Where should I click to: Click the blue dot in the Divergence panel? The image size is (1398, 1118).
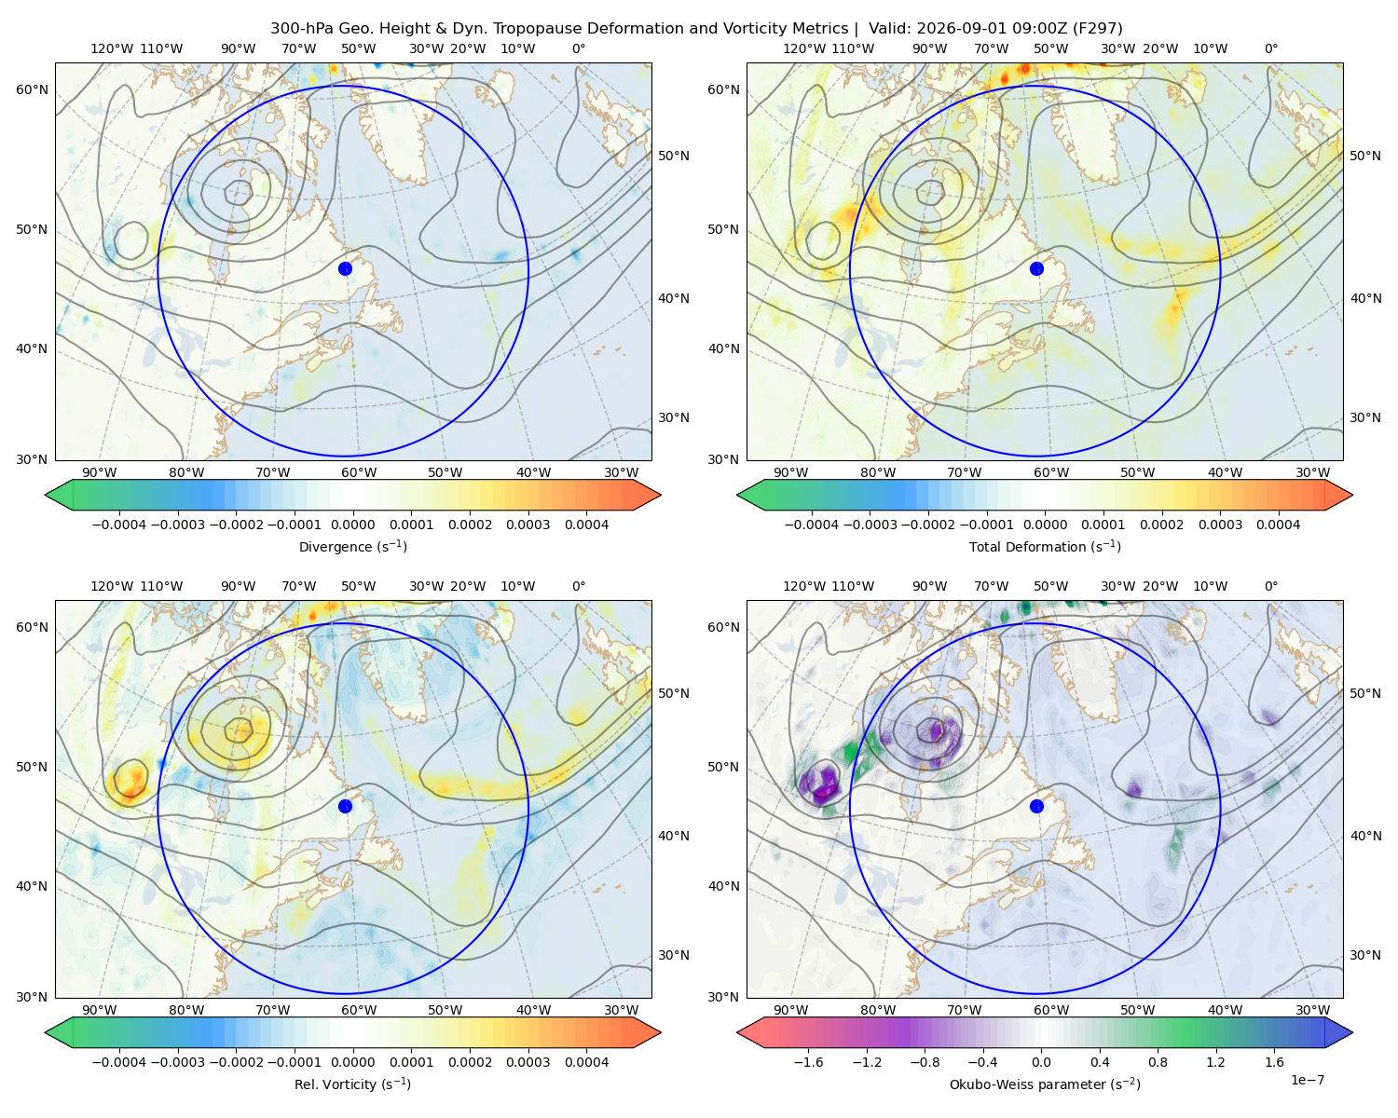point(345,268)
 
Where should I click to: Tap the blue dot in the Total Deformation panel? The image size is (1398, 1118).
point(1036,268)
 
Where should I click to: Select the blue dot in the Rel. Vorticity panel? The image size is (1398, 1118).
point(345,806)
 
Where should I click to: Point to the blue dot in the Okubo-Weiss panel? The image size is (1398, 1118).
point(1036,806)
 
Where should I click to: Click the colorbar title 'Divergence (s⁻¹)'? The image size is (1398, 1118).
point(352,546)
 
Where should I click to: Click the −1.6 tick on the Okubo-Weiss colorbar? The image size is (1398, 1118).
point(808,1062)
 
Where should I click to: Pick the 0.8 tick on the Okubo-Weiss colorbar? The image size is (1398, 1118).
point(1158,1062)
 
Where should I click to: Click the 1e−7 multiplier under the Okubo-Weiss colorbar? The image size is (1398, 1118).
point(1307,1080)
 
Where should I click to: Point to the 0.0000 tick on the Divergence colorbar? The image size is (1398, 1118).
point(352,525)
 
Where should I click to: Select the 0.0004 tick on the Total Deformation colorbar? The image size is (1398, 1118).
point(1278,525)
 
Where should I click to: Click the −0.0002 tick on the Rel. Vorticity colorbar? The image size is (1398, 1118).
point(236,1062)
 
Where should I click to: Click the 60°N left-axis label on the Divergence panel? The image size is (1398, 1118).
point(32,89)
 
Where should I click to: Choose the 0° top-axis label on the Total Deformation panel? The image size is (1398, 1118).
point(1270,48)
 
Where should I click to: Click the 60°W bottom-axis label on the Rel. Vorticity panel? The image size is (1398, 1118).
point(359,1010)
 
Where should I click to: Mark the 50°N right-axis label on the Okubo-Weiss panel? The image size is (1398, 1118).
point(1364,693)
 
